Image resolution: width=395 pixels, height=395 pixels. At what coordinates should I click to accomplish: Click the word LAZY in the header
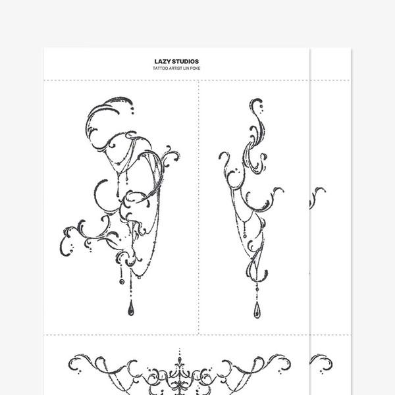(161, 61)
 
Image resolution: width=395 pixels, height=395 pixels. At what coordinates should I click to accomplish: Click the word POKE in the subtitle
(196, 68)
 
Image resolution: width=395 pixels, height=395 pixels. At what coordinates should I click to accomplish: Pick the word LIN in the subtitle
(186, 68)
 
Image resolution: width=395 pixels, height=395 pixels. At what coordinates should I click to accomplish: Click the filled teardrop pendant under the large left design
(131, 308)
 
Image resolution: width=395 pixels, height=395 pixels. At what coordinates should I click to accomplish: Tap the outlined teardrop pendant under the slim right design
(257, 310)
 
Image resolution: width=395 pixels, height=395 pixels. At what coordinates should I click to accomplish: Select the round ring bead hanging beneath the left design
(121, 281)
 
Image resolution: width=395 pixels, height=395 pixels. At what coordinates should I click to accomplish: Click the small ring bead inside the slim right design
(245, 236)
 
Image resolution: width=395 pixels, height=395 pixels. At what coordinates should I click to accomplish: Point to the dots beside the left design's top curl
(132, 111)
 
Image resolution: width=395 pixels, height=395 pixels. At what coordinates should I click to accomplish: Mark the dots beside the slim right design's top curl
(262, 108)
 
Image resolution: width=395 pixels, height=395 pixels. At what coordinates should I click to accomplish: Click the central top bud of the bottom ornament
(179, 359)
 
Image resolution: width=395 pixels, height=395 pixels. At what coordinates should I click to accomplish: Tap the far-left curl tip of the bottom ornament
(70, 363)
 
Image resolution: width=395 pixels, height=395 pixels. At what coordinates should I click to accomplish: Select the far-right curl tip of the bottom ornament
(289, 363)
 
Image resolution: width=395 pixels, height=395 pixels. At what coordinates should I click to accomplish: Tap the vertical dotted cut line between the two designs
(199, 207)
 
